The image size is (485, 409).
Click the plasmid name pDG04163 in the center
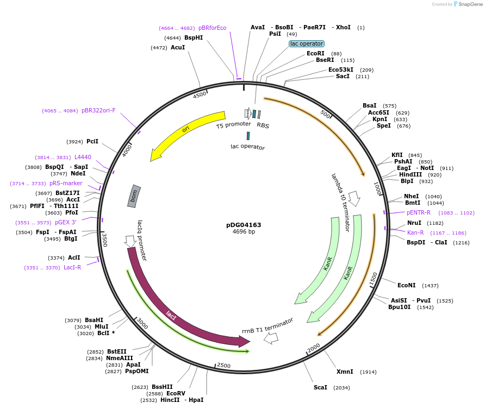pyautogui.click(x=244, y=224)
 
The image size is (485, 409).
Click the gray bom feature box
pyautogui.click(x=134, y=196)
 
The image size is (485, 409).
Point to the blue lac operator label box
pyautogui.click(x=307, y=43)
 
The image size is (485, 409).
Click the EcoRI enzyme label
pyautogui.click(x=315, y=53)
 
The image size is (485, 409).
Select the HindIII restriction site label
pyautogui.click(x=410, y=174)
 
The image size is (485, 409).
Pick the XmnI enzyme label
pyautogui.click(x=345, y=372)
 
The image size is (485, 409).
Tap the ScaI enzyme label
pyautogui.click(x=320, y=387)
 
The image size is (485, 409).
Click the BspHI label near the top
pyautogui.click(x=194, y=37)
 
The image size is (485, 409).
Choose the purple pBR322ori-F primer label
pyautogui.click(x=98, y=110)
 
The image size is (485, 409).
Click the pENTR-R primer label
pyautogui.click(x=419, y=212)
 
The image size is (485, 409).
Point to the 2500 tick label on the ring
pyautogui.click(x=223, y=366)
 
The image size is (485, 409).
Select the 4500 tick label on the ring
pyautogui.click(x=201, y=95)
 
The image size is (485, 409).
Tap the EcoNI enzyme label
pyautogui.click(x=407, y=285)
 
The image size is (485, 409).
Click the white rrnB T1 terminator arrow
pyautogui.click(x=271, y=338)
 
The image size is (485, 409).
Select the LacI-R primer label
pyautogui.click(x=72, y=267)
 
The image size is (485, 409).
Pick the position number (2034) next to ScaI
pyautogui.click(x=342, y=388)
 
